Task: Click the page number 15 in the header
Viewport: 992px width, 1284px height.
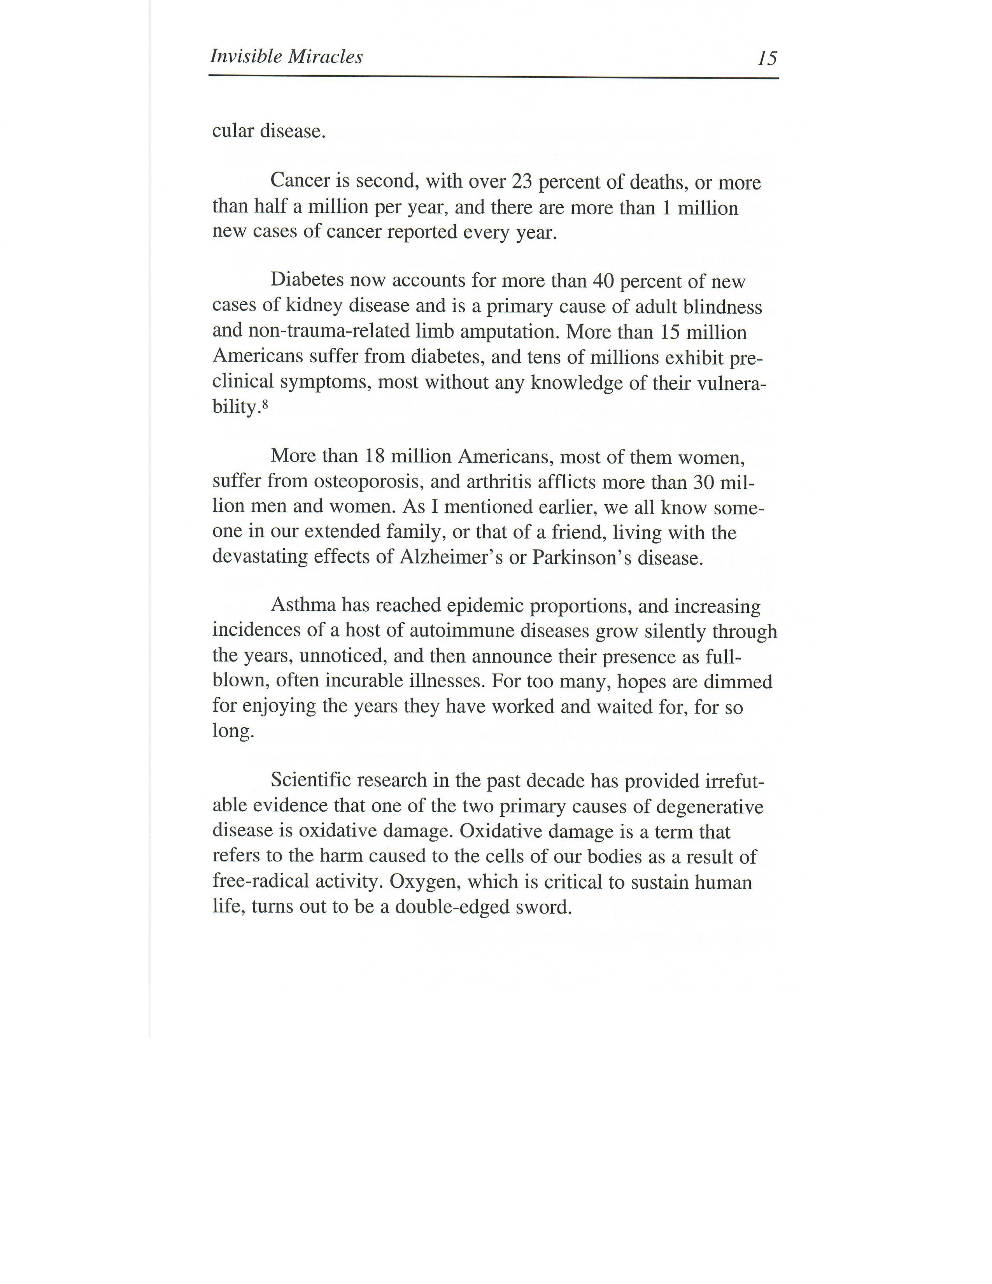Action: [767, 58]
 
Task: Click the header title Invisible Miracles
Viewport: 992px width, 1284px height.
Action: [286, 56]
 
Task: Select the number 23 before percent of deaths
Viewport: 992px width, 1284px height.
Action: [521, 182]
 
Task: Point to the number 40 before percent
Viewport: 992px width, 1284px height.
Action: [603, 281]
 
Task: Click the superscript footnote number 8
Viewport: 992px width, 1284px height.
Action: [265, 404]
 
